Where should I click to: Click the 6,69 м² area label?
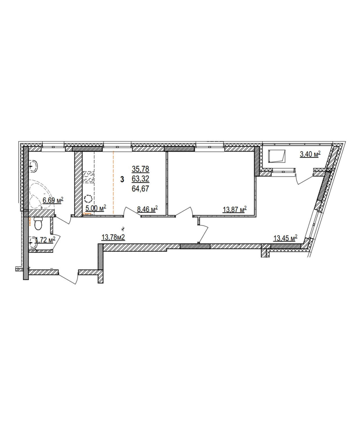53,200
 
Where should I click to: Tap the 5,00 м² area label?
96,208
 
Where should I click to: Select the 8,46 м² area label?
147,209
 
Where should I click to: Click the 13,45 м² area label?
285,238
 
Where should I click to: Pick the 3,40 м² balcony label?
310,154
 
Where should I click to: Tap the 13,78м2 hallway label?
113,237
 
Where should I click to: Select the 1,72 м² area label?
45,240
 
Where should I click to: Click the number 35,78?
141,169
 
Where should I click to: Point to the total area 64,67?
141,189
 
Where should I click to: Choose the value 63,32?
141,179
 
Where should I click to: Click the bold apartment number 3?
122,179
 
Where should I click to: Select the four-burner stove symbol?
88,177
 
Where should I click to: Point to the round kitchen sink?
88,198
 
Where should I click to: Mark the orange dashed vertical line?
113,182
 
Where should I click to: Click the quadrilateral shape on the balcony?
277,156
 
